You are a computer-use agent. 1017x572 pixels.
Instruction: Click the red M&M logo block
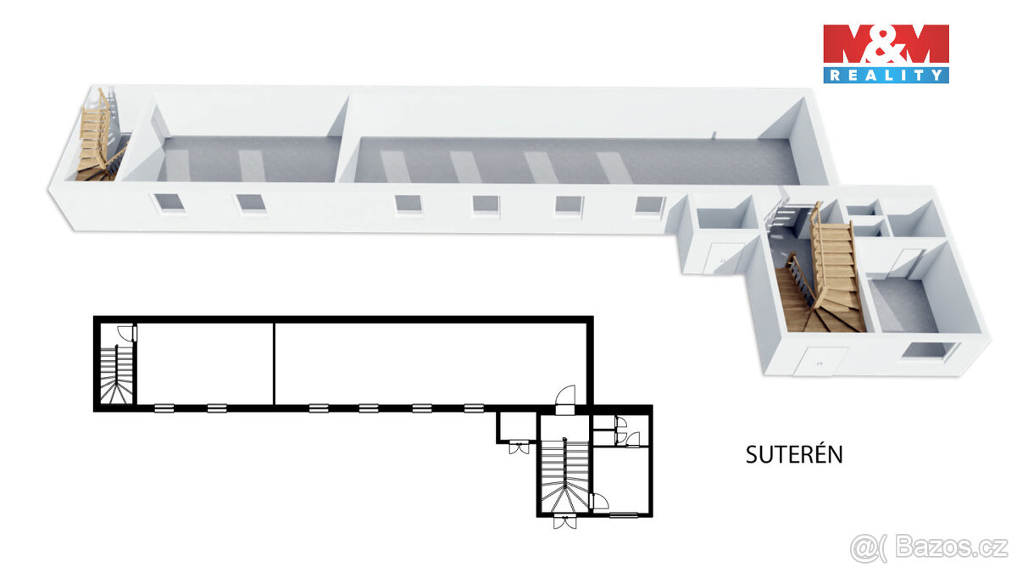click(886, 44)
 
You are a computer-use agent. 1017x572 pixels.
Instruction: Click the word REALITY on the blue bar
click(886, 75)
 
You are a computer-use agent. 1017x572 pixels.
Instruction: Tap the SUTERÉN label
click(794, 454)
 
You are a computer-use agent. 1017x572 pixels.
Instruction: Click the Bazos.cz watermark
click(929, 547)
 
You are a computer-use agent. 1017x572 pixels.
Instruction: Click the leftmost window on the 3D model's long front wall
click(164, 203)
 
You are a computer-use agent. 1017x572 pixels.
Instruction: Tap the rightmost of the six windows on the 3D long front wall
click(650, 205)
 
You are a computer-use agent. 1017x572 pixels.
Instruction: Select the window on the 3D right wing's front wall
click(927, 350)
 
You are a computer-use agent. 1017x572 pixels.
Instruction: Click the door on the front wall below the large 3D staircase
click(820, 361)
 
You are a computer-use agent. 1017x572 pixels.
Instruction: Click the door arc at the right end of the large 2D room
click(565, 397)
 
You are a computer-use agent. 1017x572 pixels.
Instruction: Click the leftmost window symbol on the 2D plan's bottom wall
click(164, 408)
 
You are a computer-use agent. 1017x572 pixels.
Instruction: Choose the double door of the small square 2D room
click(517, 447)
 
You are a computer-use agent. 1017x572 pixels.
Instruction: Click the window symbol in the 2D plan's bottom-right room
click(624, 514)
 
